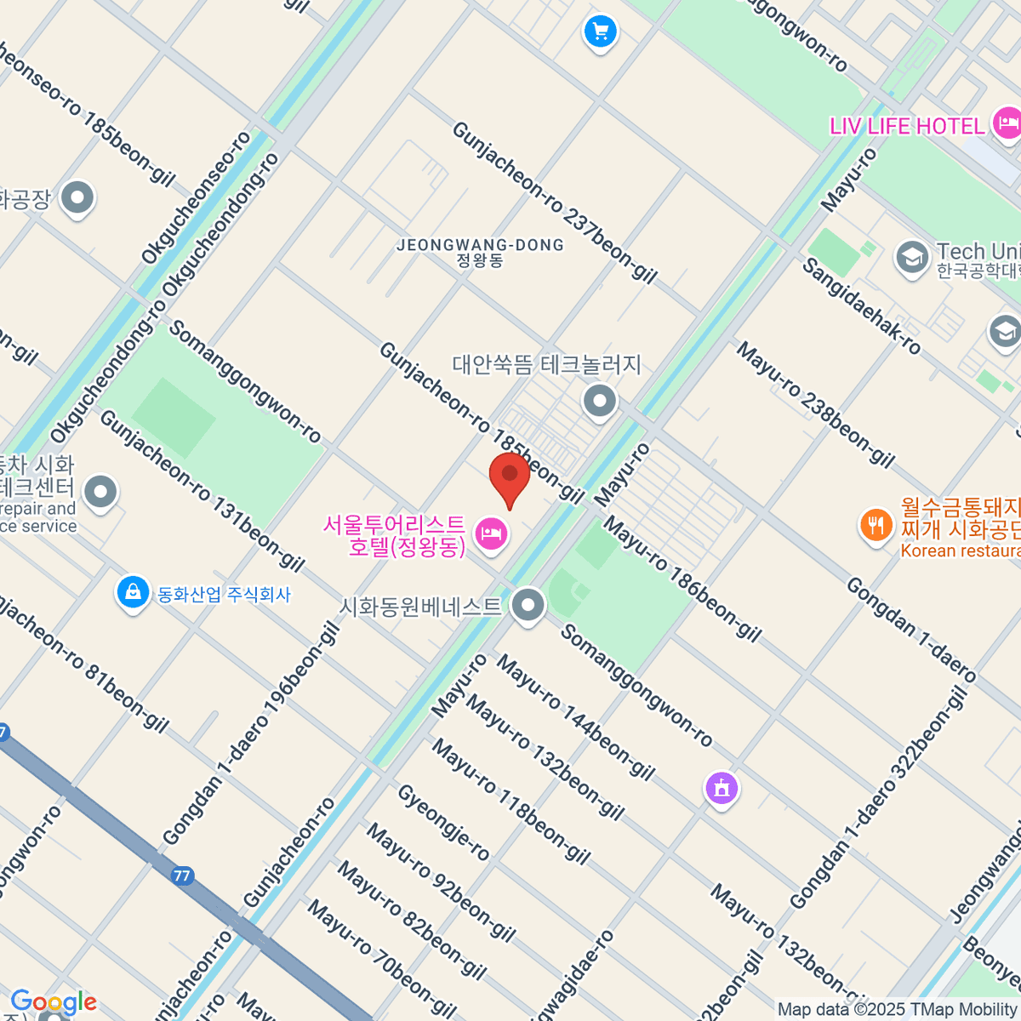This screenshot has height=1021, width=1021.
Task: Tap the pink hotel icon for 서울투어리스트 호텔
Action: click(x=492, y=535)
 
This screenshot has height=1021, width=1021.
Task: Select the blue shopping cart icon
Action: click(x=600, y=32)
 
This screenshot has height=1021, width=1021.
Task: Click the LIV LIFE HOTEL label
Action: click(x=907, y=127)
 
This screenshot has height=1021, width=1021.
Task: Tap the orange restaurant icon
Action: click(x=876, y=524)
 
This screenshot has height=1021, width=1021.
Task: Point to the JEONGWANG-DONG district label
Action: click(x=480, y=252)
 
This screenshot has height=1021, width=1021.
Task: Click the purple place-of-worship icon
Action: click(x=722, y=788)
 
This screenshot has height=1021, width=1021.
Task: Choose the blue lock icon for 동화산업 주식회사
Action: click(x=133, y=592)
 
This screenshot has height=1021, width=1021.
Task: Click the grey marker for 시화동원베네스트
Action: click(x=528, y=607)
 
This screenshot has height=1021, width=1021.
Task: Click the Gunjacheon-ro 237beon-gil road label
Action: click(x=554, y=202)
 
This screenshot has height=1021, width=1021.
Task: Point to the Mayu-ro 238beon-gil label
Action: click(x=815, y=405)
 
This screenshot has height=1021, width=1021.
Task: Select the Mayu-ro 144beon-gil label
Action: click(x=575, y=716)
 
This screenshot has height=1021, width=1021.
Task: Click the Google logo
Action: click(x=53, y=1002)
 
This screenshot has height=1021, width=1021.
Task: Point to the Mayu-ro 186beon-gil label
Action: click(x=682, y=578)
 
